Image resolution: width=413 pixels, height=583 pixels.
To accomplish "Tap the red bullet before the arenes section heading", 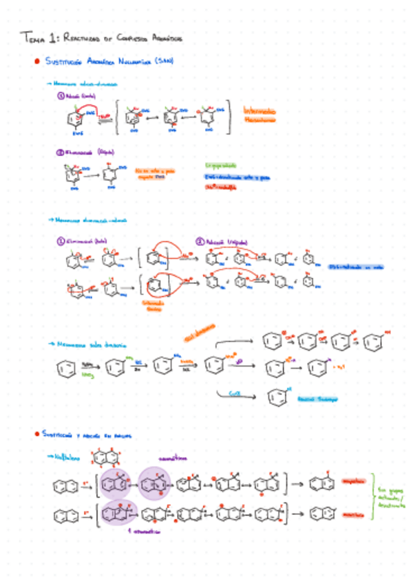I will [x=36, y=434].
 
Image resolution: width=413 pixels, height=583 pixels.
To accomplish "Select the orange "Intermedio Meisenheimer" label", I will [x=260, y=114].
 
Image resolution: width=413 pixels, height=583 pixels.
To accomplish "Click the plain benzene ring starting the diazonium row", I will [x=64, y=369].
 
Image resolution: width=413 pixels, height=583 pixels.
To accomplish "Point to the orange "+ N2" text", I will [x=339, y=367].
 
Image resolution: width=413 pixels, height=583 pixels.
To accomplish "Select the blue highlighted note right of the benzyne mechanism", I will [x=355, y=267].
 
